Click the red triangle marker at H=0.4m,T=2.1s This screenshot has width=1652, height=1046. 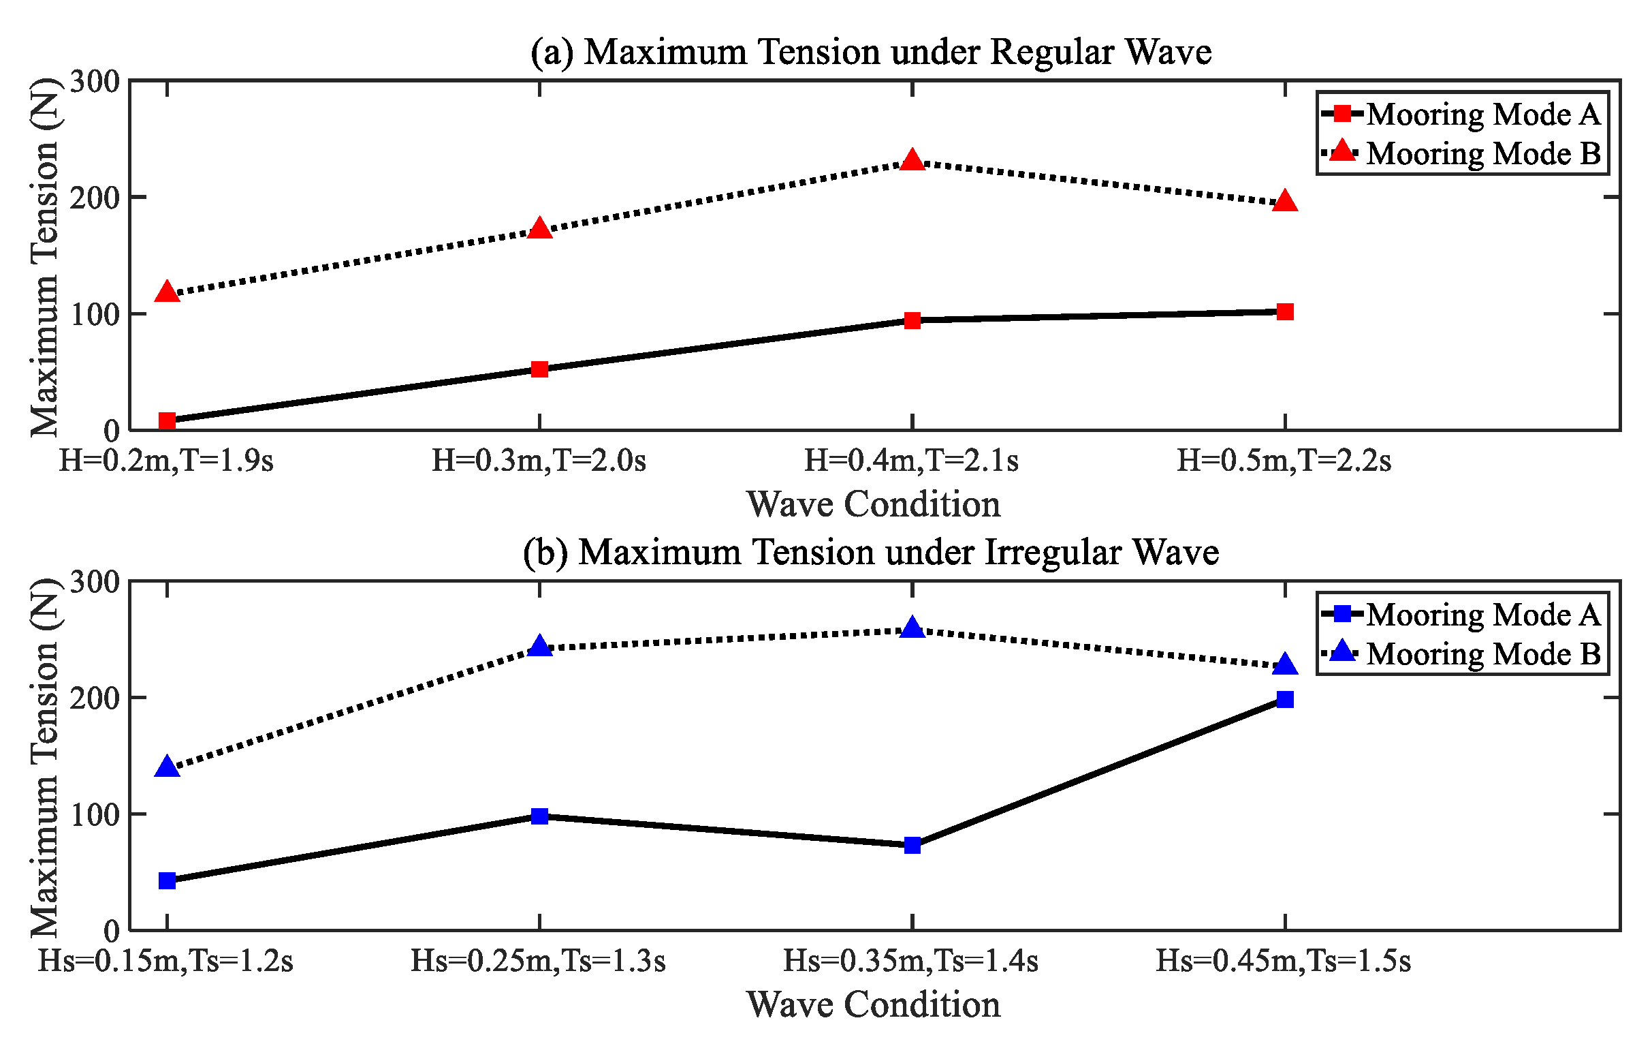(x=912, y=161)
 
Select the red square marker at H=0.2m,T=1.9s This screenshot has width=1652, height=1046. (x=167, y=420)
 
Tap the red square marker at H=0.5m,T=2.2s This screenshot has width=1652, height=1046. (x=1284, y=312)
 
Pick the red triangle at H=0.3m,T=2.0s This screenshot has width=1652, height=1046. (x=539, y=228)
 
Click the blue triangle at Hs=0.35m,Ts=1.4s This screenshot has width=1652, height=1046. (x=912, y=628)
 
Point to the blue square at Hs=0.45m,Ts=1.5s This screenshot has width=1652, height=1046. (x=1284, y=699)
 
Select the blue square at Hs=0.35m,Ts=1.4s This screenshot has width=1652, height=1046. (x=912, y=845)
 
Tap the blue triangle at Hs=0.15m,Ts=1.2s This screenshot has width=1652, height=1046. (x=167, y=767)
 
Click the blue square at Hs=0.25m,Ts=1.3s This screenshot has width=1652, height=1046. (x=539, y=816)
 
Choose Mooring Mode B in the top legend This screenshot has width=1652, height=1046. (x=1482, y=153)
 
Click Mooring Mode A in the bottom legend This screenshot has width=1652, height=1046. (x=1482, y=614)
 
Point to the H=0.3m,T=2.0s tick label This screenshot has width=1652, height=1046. (x=539, y=461)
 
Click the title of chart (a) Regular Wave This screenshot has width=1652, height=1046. (x=871, y=52)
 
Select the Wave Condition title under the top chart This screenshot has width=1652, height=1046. (x=874, y=504)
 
